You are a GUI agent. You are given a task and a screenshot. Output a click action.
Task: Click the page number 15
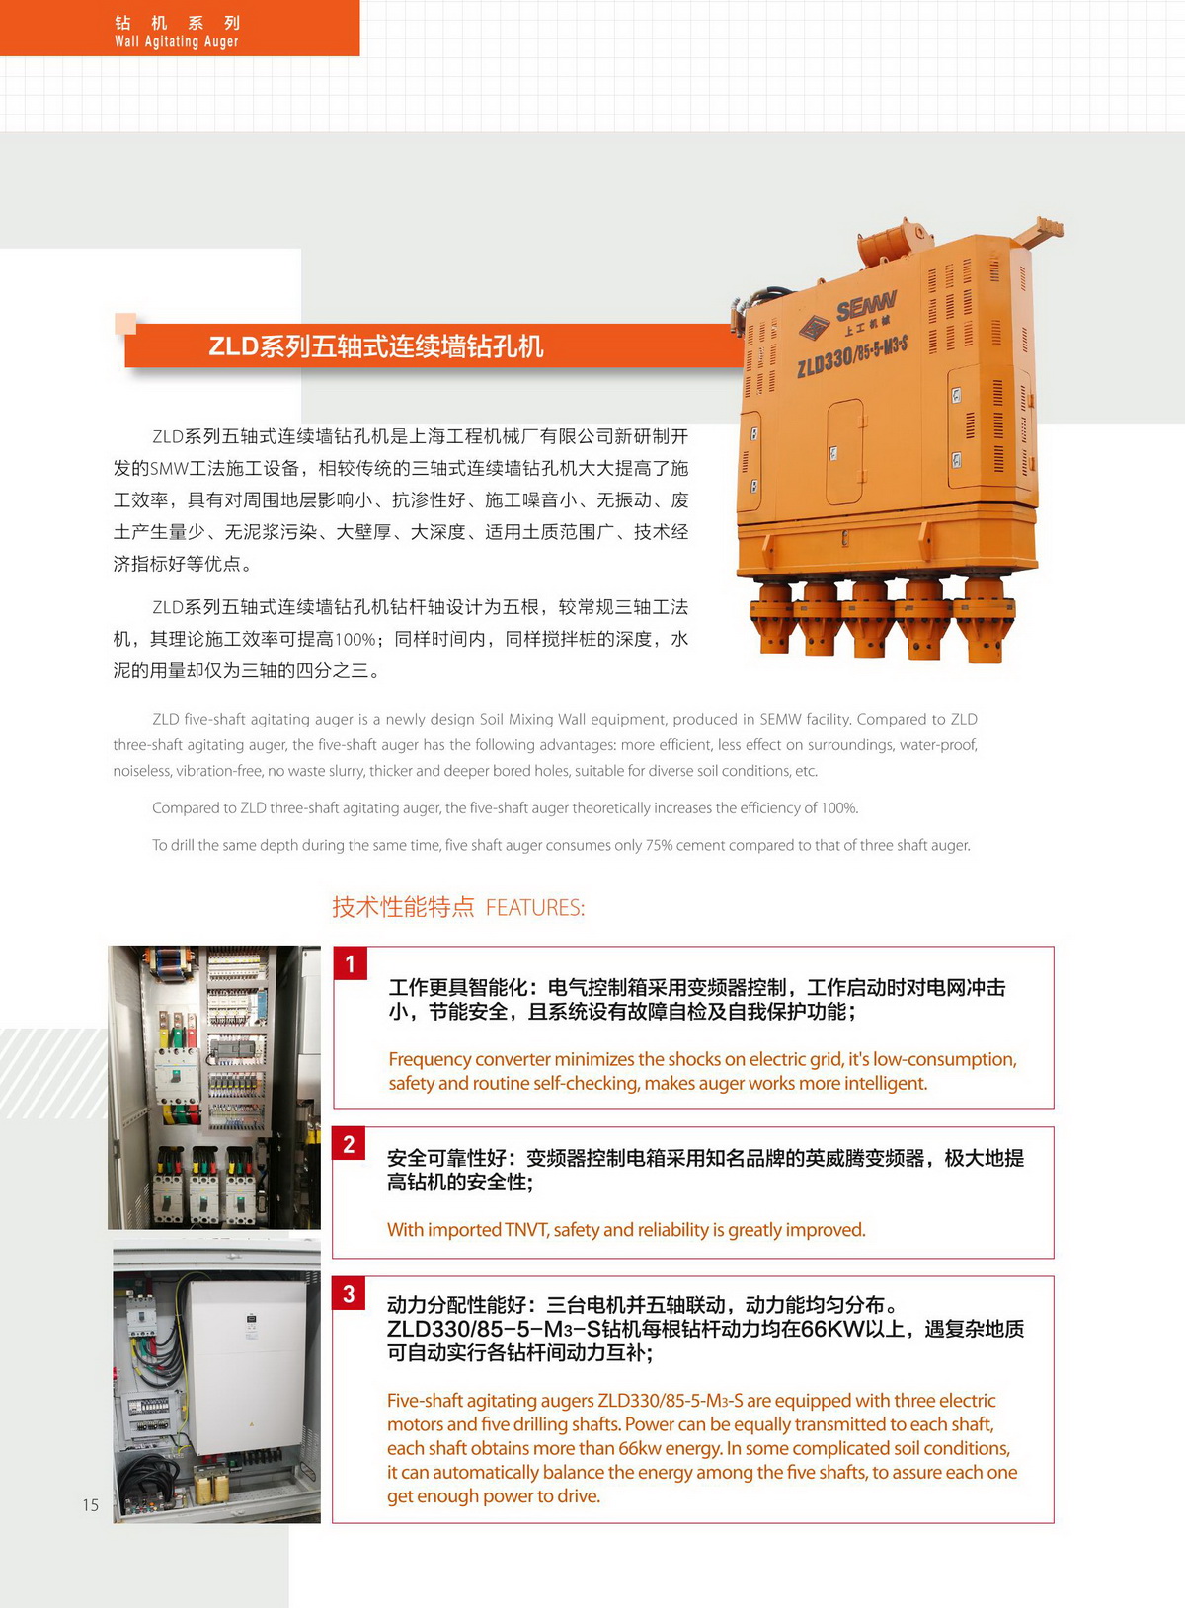(91, 1504)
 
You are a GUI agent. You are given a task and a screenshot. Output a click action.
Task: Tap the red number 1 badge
(350, 963)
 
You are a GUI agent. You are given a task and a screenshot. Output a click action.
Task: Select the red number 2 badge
(349, 1143)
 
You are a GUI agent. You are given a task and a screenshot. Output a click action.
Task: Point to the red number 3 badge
(349, 1293)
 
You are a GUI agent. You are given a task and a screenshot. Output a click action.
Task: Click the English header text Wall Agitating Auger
(176, 41)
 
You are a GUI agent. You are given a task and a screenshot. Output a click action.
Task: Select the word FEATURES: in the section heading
(535, 908)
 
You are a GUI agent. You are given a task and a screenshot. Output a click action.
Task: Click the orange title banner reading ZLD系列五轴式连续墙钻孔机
(434, 346)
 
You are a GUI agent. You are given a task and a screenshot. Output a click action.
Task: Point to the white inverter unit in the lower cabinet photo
(247, 1365)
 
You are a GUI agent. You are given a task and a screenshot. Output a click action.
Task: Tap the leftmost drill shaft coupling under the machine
(773, 617)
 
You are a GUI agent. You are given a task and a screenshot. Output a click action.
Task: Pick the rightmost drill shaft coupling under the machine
(984, 619)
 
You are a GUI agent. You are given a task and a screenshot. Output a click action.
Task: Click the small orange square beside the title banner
(125, 324)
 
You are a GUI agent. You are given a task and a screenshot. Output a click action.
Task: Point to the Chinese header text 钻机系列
(178, 23)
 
